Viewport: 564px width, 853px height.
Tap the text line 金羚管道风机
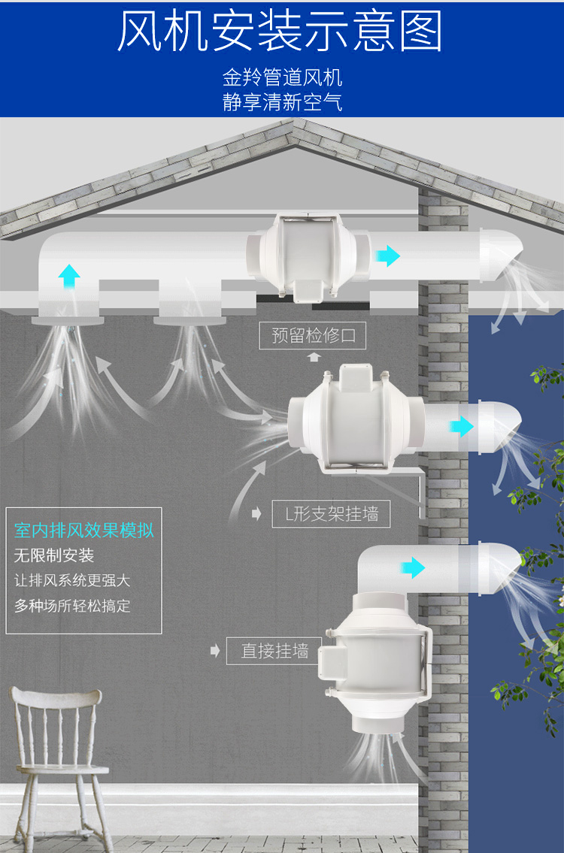pos(282,78)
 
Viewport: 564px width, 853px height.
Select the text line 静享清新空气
pos(282,102)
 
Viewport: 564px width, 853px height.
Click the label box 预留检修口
pos(313,335)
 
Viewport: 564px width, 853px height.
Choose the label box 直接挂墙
pos(274,651)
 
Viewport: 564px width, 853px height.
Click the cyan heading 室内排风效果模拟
pos(84,531)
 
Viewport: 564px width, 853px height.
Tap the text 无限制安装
pos(54,556)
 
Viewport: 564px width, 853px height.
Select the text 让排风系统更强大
pos(73,581)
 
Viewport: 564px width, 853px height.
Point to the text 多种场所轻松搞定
pos(73,606)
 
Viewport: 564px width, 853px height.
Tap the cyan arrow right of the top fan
pos(388,256)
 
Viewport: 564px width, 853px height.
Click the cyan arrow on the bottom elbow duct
pos(412,567)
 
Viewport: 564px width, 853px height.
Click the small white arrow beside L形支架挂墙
pos(256,514)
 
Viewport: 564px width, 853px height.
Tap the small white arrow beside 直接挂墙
pos(216,651)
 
